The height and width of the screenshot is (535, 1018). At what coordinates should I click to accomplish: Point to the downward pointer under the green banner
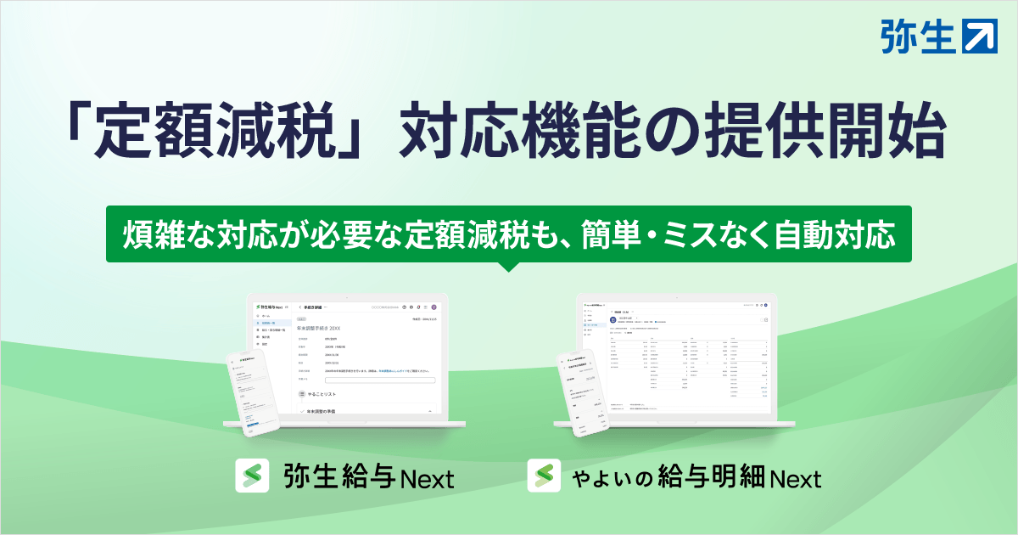click(x=509, y=265)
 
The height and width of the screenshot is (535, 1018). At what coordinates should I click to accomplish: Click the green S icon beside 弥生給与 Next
click(x=252, y=476)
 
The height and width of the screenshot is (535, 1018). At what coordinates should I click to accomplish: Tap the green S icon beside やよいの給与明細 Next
click(x=544, y=476)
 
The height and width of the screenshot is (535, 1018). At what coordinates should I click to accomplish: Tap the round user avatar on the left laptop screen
click(x=433, y=307)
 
